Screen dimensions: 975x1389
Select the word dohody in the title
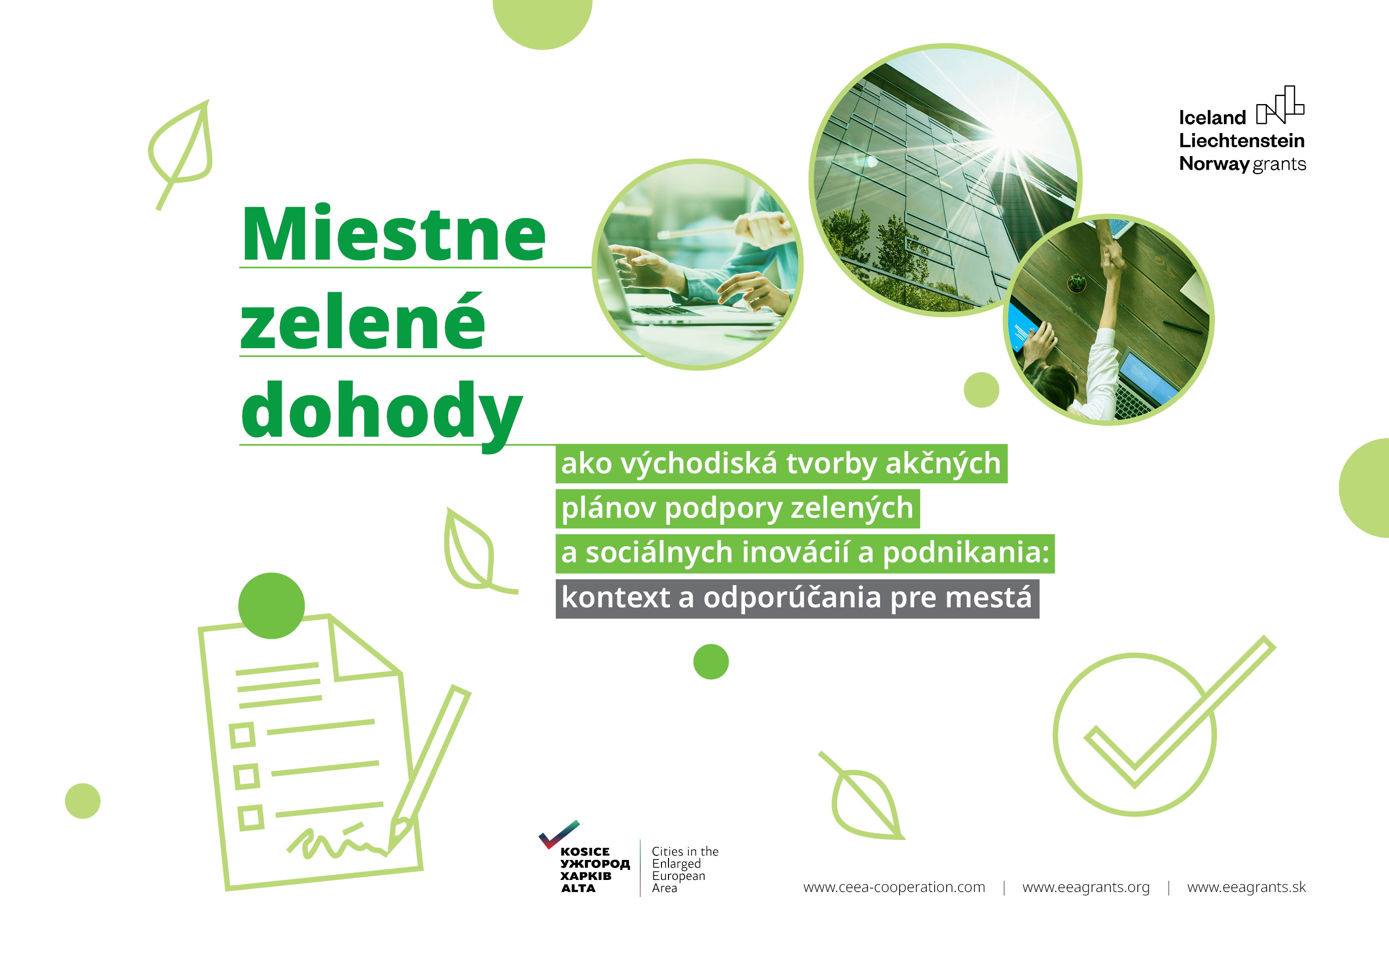pyautogui.click(x=381, y=411)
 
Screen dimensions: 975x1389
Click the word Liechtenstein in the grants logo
pyautogui.click(x=1241, y=141)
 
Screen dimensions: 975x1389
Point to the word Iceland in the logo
pyautogui.click(x=1212, y=118)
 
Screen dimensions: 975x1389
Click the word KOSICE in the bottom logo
pyautogui.click(x=584, y=851)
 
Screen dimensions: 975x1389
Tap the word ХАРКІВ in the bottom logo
pyautogui.click(x=585, y=876)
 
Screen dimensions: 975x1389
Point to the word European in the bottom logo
pyautogui.click(x=678, y=876)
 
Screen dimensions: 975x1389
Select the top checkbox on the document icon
pyautogui.click(x=243, y=735)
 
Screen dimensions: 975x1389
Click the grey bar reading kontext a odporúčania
pyautogui.click(x=797, y=599)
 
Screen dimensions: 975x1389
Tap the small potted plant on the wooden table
pyautogui.click(x=1076, y=282)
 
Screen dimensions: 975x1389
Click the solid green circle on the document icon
pyautogui.click(x=271, y=605)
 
